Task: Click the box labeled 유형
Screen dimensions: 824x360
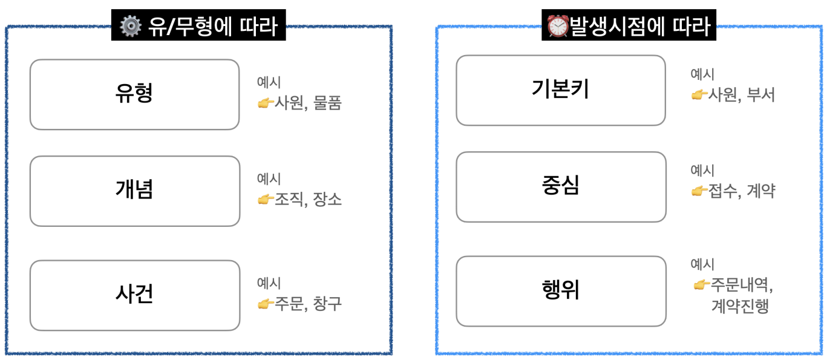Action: coord(134,94)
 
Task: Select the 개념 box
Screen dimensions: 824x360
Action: coord(134,191)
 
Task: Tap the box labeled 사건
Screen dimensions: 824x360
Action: coord(134,295)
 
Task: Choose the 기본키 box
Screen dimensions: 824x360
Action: coord(560,90)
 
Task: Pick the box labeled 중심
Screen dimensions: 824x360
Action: coord(560,186)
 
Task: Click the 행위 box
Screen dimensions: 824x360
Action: coord(560,290)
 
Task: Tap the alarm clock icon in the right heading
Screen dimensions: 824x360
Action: coord(557,27)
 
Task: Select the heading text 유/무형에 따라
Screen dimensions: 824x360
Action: coord(212,27)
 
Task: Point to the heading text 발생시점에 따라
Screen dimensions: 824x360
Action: coord(638,27)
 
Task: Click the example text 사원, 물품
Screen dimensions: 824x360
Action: coord(308,103)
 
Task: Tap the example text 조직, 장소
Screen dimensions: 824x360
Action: coord(308,200)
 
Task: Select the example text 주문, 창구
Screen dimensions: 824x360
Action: coord(308,304)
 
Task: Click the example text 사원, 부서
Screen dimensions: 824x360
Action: coord(742,95)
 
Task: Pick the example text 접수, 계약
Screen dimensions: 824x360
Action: coord(742,192)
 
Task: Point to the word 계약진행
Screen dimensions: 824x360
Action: coord(740,306)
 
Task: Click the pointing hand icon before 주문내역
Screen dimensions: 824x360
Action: coord(701,284)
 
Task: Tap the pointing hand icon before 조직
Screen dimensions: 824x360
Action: coord(266,200)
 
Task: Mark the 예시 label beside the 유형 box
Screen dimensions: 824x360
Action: coord(269,83)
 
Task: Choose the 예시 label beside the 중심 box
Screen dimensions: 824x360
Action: coord(702,171)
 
